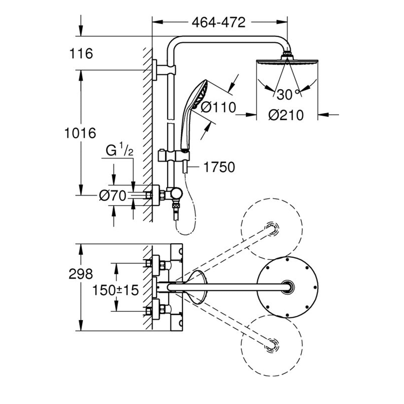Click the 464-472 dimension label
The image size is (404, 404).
tap(219, 23)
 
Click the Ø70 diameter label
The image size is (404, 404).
tap(112, 195)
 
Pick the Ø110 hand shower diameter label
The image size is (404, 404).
tap(218, 108)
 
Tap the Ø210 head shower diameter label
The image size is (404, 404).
tap(286, 115)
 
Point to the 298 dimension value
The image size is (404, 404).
tap(80, 274)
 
